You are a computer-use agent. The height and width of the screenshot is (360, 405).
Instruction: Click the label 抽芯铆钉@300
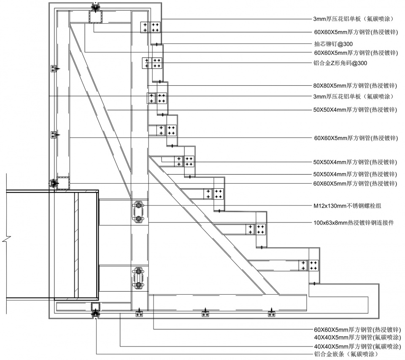[333, 44]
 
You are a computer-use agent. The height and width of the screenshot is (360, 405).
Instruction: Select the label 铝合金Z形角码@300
[340, 63]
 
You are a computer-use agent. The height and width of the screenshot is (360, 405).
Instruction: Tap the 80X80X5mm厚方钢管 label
[355, 85]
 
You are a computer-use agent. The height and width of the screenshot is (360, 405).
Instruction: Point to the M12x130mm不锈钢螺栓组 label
[350, 206]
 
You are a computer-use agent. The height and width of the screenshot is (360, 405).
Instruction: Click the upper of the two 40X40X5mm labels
[355, 337]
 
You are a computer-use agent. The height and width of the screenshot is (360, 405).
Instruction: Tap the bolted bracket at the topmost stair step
[151, 27]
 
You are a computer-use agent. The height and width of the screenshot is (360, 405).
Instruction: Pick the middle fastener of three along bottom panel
[205, 314]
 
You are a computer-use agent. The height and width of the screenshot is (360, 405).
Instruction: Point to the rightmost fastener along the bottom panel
[271, 314]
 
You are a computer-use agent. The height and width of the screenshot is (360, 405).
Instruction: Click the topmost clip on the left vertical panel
[54, 69]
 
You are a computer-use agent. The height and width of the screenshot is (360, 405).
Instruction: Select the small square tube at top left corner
[96, 17]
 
